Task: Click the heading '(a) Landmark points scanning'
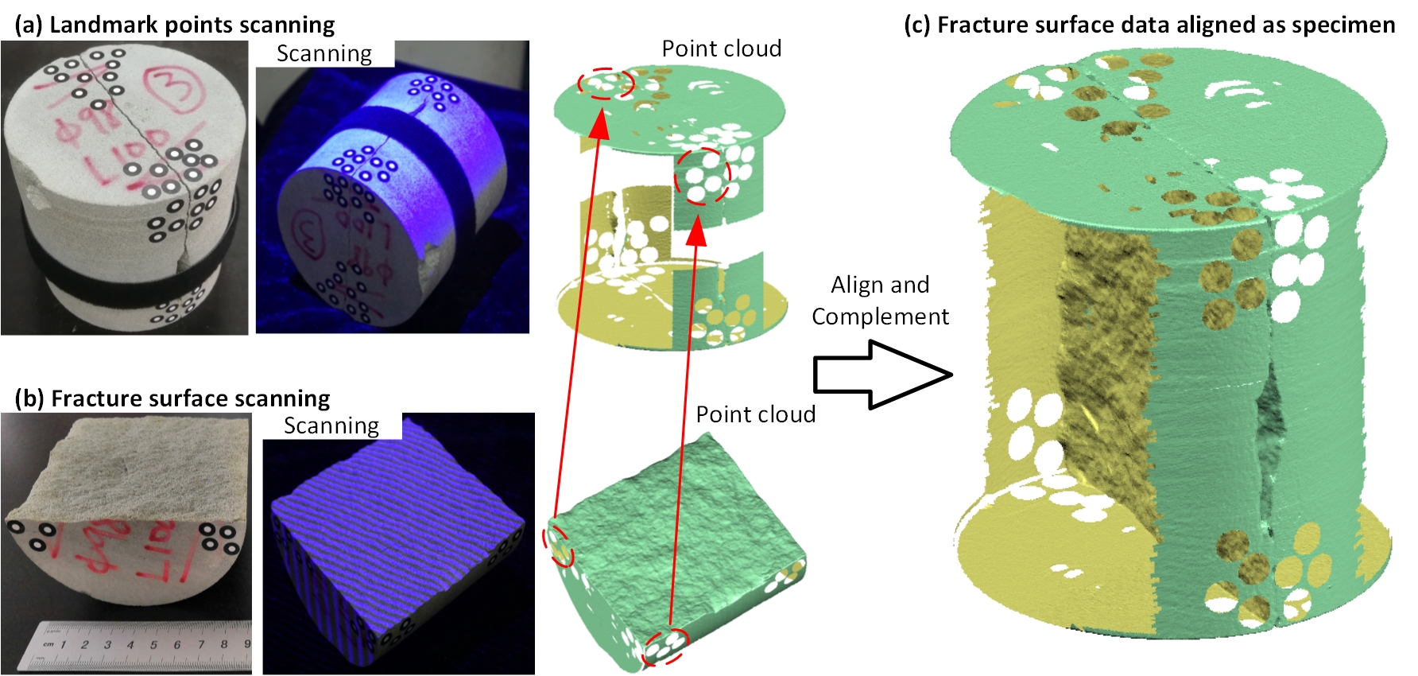coord(175,25)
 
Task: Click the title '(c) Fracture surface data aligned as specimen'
coord(1149,25)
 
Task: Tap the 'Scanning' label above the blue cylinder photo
coord(324,53)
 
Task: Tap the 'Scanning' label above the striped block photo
coord(331,425)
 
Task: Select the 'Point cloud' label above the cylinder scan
coord(721,49)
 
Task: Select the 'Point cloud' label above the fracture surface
coord(755,414)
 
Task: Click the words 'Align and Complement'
coord(880,301)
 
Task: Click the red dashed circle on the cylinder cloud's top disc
coord(606,83)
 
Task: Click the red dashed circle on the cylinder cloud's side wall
coord(702,177)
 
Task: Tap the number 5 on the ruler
coord(153,644)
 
